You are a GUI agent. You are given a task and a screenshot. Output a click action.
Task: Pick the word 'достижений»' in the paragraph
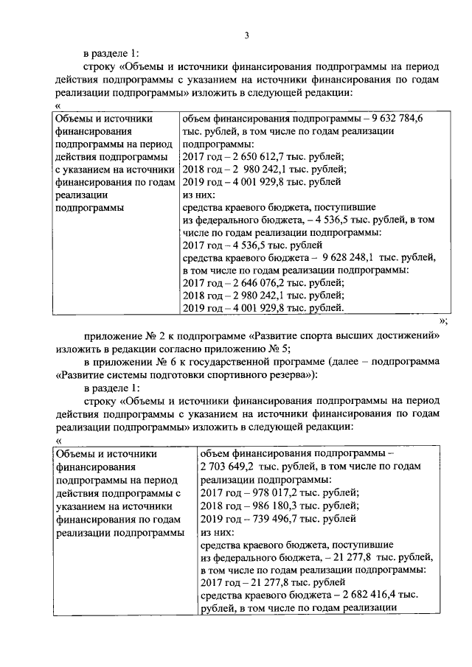[409, 335]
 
